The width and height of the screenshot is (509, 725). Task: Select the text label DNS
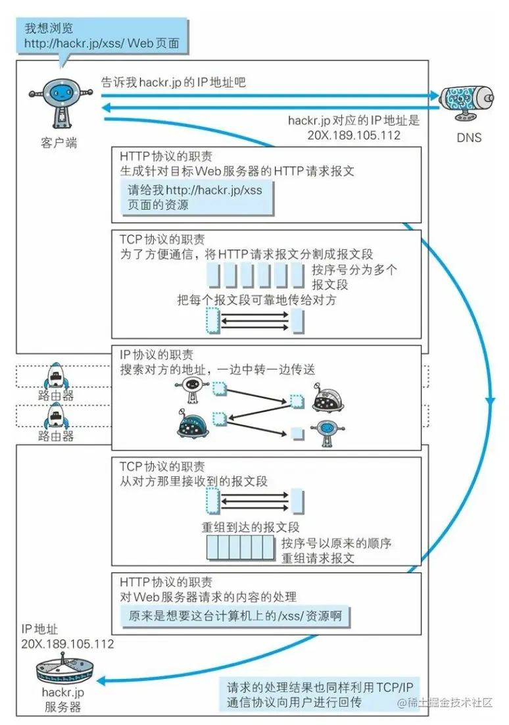(469, 137)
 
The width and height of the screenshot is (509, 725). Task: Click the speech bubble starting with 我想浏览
(102, 37)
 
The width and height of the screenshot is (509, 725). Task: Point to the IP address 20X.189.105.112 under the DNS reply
(354, 136)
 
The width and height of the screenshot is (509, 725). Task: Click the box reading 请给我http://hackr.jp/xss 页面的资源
(197, 198)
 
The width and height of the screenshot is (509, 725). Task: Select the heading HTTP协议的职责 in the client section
(166, 157)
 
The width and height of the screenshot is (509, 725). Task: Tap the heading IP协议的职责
(157, 355)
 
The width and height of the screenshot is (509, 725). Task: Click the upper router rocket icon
(55, 376)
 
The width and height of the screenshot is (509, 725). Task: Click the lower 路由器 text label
(56, 436)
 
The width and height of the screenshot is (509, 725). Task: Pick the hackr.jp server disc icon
(64, 669)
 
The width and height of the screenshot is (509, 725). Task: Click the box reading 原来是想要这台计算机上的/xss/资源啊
(235, 616)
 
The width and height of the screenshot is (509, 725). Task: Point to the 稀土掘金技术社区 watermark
(445, 703)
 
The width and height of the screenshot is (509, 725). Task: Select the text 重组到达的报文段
(251, 527)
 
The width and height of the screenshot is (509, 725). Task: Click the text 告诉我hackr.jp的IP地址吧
(174, 82)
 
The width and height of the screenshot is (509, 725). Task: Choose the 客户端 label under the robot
(59, 143)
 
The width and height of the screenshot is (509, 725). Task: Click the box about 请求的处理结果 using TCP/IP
(320, 695)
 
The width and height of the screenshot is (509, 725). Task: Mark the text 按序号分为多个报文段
(354, 277)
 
